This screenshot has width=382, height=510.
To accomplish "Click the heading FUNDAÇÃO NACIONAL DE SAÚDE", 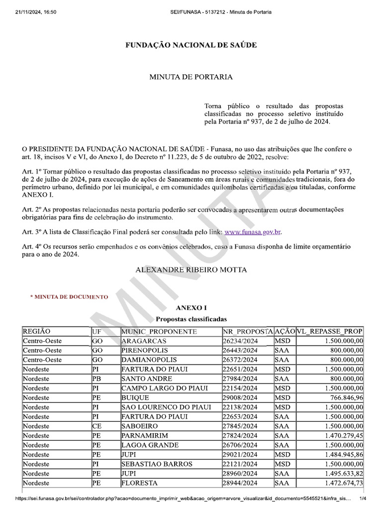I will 191,45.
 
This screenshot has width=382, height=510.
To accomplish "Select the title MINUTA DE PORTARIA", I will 191,77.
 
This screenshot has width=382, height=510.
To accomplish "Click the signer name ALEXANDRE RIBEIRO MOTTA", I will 191,269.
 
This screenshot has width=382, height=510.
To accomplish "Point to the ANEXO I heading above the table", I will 191,308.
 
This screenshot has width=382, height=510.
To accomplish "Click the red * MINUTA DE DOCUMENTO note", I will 69,297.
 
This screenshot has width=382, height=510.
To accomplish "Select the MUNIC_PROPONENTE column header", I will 159,332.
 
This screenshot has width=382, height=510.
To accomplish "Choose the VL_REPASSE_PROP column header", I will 330,332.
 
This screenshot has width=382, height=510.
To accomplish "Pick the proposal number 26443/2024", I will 241,351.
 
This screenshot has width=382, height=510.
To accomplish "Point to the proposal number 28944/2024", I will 241,483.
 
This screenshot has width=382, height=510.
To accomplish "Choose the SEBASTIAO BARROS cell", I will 156,464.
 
